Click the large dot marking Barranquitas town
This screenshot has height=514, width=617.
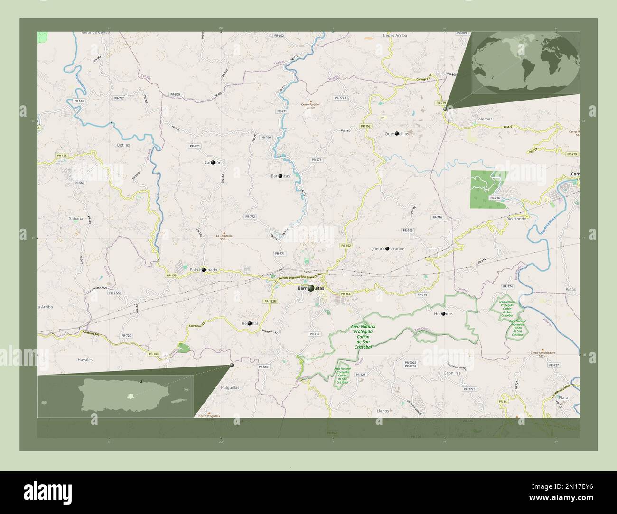311,288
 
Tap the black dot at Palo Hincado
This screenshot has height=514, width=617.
203,269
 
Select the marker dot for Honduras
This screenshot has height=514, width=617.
443,314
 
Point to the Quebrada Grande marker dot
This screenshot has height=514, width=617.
387,248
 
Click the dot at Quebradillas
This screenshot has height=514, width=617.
396,134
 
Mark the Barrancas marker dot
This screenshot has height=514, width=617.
280,176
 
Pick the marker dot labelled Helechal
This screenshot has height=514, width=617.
249,323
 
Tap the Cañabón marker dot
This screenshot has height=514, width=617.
213,162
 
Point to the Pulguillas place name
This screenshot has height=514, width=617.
230,387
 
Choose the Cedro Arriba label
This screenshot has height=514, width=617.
395,35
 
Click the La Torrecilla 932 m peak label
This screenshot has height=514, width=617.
224,237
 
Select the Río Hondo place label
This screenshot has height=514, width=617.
516,219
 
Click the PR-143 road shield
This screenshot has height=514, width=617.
153,354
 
